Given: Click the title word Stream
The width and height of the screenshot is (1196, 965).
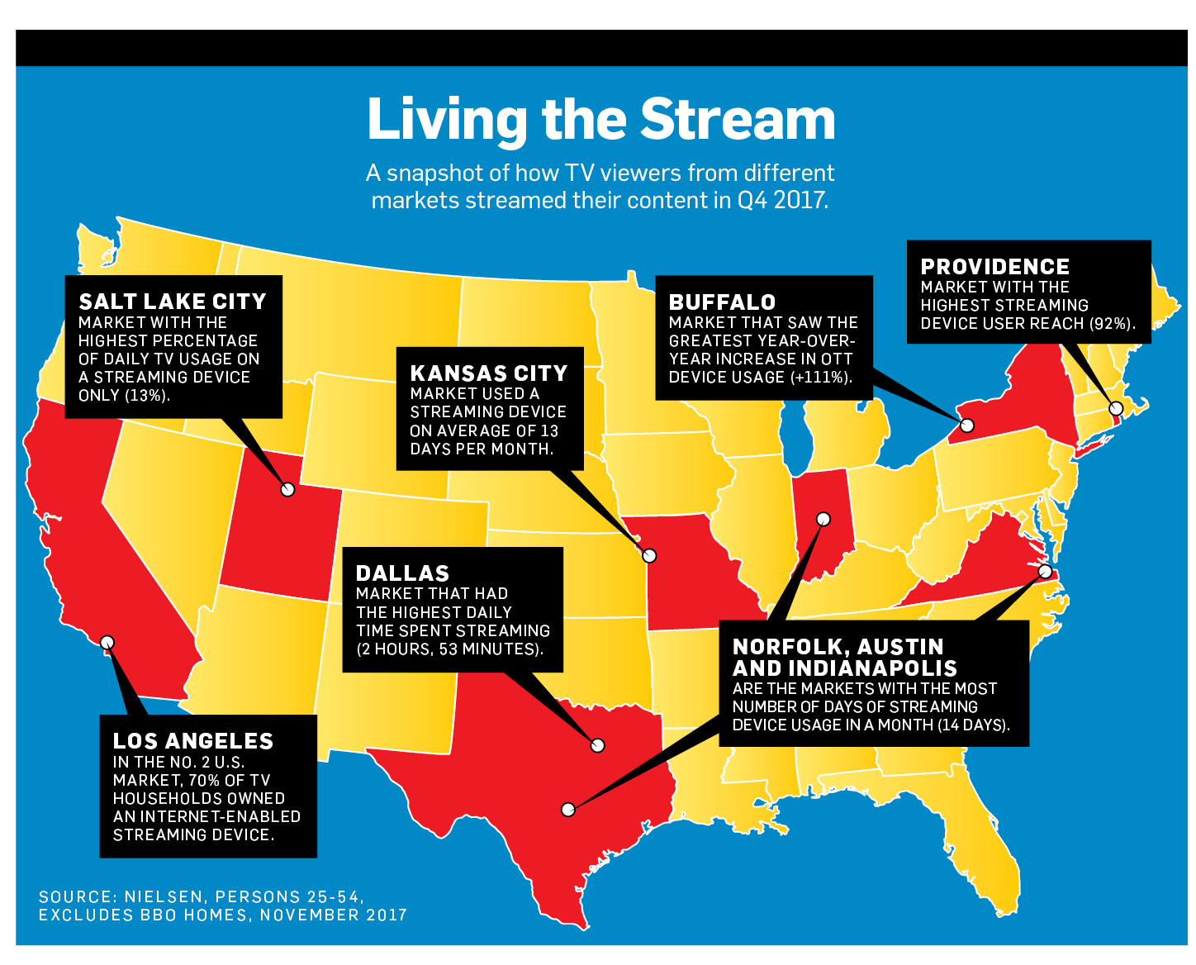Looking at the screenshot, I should (x=738, y=120).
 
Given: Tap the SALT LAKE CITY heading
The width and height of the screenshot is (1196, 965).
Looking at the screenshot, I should (x=173, y=302).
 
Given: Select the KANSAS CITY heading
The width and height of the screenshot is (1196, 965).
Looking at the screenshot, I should (x=489, y=373).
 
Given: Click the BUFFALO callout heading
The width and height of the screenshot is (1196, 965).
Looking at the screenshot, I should (x=722, y=302).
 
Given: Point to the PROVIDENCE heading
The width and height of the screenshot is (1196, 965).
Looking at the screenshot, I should (x=994, y=267).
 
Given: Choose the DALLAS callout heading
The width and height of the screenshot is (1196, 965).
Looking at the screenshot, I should (x=402, y=573).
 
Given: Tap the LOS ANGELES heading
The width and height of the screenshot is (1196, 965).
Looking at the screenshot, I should (x=192, y=741).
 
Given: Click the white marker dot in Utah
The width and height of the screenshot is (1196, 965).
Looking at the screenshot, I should (x=287, y=489).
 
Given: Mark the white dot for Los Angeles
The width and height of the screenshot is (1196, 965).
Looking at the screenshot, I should (x=107, y=642).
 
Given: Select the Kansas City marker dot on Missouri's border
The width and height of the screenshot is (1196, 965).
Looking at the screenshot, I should (x=649, y=555).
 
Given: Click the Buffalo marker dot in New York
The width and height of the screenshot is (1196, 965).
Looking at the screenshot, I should (x=967, y=425).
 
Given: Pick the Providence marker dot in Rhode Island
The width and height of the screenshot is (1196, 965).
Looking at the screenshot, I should (x=1116, y=408).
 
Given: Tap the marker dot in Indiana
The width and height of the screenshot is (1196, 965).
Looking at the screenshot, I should (x=823, y=519).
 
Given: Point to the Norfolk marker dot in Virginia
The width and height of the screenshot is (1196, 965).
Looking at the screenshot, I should (x=1045, y=571).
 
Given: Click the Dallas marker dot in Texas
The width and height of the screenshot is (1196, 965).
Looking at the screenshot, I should (x=598, y=745).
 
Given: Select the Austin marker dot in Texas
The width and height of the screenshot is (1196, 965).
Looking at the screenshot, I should (x=568, y=809).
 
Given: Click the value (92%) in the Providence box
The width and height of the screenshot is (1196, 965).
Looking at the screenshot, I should (x=1112, y=324).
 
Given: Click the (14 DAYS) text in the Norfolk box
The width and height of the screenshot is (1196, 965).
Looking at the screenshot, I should (x=973, y=725).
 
